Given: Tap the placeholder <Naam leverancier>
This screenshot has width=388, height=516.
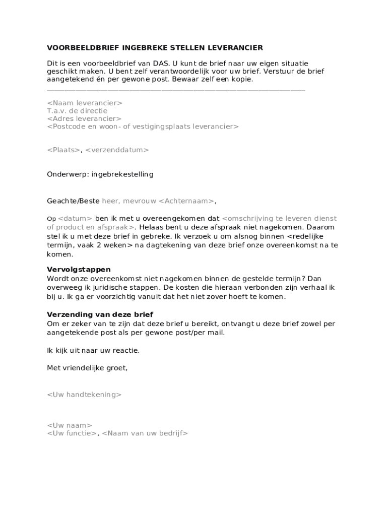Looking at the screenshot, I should pyautogui.click(x=85, y=103).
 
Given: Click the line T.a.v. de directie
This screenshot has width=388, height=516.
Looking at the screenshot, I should pyautogui.click(x=77, y=111).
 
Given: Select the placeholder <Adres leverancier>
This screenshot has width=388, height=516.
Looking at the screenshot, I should pyautogui.click(x=84, y=118).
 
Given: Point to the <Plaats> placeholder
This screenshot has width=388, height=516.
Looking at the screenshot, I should pyautogui.click(x=63, y=150).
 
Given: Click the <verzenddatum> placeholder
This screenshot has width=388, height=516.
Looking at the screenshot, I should pyautogui.click(x=117, y=150).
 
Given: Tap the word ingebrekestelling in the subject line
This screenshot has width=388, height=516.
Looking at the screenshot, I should pyautogui.click(x=122, y=174).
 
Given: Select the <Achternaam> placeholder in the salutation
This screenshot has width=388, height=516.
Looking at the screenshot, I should pyautogui.click(x=186, y=201).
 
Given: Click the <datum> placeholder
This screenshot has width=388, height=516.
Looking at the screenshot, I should pyautogui.click(x=75, y=219).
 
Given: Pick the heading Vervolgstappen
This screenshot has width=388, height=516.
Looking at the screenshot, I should pyautogui.click(x=79, y=270).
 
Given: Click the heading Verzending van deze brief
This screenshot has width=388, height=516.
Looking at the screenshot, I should pyautogui.click(x=100, y=314).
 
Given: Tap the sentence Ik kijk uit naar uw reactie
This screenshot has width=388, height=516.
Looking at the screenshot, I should pyautogui.click(x=93, y=350).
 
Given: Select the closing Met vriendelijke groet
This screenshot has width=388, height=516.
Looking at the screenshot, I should pyautogui.click(x=87, y=368).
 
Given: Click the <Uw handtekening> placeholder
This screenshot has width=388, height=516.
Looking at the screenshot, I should pyautogui.click(x=84, y=395).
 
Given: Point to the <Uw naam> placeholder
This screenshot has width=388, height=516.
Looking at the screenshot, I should pyautogui.click(x=70, y=425).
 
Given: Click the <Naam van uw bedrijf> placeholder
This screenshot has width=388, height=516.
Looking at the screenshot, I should pyautogui.click(x=145, y=433).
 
